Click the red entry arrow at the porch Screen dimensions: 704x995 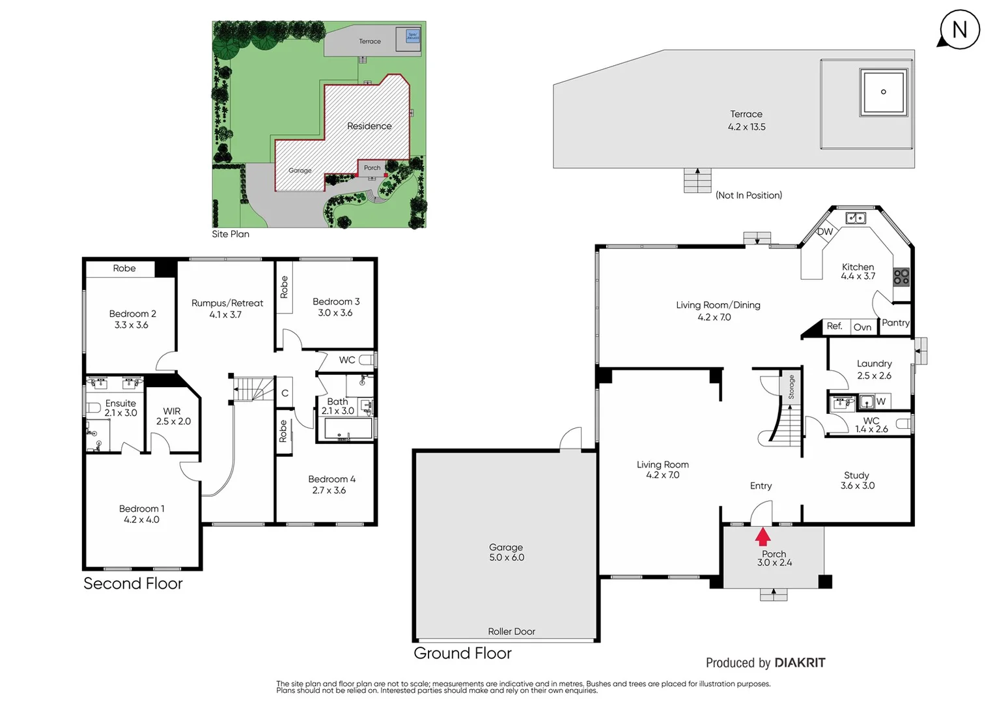tap(763, 536)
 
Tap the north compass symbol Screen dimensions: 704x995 tap(959, 30)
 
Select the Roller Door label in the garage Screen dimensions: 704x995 tap(511, 631)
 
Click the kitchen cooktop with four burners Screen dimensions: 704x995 tap(901, 277)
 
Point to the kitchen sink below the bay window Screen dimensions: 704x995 tap(856, 218)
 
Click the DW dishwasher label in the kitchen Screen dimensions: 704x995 tap(825, 231)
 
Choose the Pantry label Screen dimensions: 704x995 tap(895, 323)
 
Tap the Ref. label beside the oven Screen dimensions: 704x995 tap(834, 326)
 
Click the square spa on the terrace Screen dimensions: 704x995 tap(883, 92)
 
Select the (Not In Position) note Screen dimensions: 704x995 tap(749, 195)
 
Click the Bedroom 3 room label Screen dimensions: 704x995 tap(335, 307)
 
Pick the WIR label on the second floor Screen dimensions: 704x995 tap(173, 416)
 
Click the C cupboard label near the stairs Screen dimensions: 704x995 tap(285, 393)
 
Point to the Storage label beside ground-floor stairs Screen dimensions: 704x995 tap(791, 387)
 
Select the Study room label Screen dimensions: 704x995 tap(857, 480)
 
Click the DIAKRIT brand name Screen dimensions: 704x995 tap(800, 662)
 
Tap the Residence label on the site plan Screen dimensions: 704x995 tap(369, 126)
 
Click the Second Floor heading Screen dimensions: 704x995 tap(133, 583)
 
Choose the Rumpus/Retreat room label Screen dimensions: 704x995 tap(227, 308)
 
